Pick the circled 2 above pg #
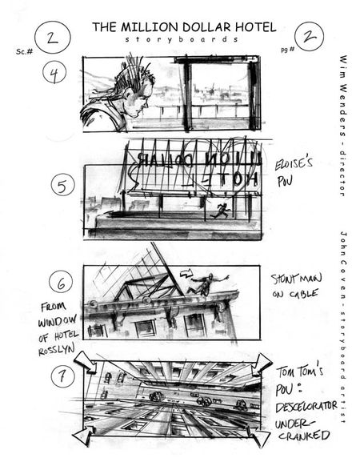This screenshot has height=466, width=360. pos(309,35)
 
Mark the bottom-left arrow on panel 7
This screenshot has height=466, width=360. pos(84,435)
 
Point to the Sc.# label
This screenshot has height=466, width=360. pos(24,51)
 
